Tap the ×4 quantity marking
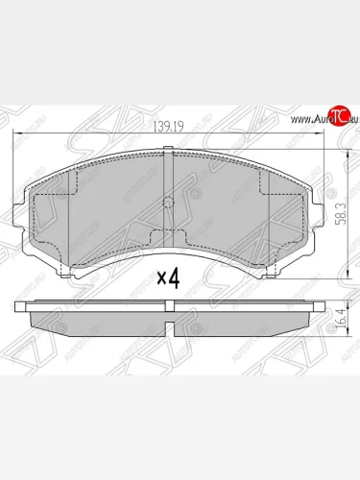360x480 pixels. pos(168,278)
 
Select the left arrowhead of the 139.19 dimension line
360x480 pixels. pos(15,136)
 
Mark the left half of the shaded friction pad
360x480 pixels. pos(96,211)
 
